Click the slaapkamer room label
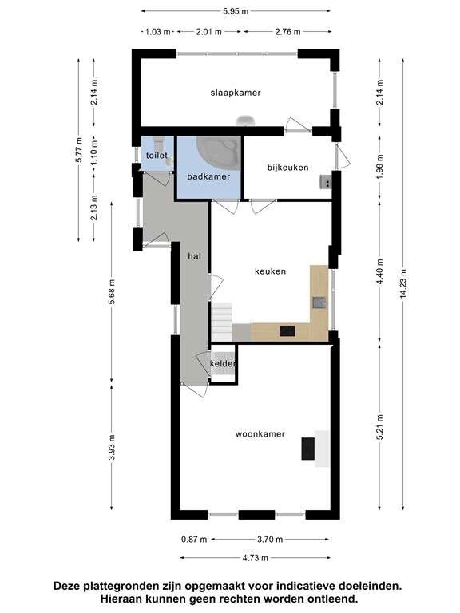click(x=236, y=93)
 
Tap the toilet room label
click(x=157, y=155)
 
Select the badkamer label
click(x=208, y=176)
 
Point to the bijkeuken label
click(x=287, y=168)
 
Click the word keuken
click(x=270, y=271)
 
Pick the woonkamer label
click(x=260, y=433)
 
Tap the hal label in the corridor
click(x=194, y=256)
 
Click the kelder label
click(x=223, y=364)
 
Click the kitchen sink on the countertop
click(x=319, y=303)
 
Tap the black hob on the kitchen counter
click(x=287, y=330)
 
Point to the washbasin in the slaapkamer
click(x=246, y=121)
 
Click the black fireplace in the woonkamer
click(x=307, y=449)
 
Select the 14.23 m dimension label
click(x=403, y=284)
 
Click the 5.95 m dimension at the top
click(x=236, y=11)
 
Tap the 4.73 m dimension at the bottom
click(x=255, y=558)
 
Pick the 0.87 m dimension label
click(x=194, y=540)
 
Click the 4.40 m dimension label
click(x=380, y=272)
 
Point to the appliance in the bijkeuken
click(x=326, y=182)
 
